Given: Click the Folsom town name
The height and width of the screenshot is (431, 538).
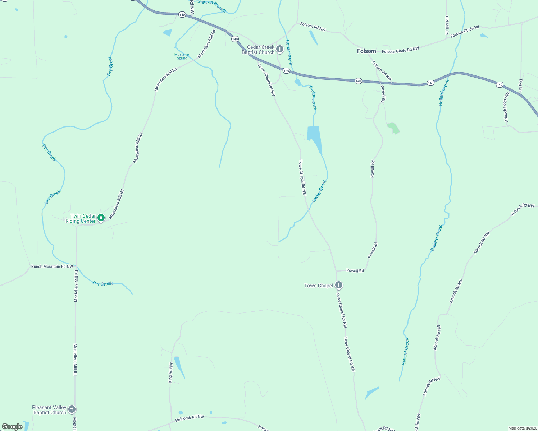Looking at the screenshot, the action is click(366, 51).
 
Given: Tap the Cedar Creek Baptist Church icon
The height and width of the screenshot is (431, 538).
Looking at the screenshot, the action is click(280, 49).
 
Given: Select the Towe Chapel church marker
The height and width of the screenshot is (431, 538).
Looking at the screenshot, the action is click(338, 285).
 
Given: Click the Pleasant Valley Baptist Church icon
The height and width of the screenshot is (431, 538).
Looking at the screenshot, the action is click(72, 409).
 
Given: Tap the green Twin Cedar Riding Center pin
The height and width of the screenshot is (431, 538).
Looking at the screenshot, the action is click(101, 218).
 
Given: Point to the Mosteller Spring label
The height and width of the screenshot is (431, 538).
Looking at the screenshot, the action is click(182, 56).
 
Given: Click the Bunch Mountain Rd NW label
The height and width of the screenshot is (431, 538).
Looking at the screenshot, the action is click(52, 267).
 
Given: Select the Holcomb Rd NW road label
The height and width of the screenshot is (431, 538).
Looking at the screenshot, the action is click(190, 419).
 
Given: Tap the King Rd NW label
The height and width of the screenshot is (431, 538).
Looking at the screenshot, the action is click(171, 372).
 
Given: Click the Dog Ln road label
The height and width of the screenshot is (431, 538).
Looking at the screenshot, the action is click(520, 85).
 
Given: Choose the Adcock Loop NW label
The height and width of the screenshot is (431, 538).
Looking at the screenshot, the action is click(506, 107).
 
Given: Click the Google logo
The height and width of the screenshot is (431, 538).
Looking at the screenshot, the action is click(12, 426).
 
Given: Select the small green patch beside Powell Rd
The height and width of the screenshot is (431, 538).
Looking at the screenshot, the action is click(393, 128).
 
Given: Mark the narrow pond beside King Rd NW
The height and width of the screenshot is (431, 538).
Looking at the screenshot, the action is click(179, 366).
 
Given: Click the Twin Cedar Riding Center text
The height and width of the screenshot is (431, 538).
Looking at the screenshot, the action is click(81, 218).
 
